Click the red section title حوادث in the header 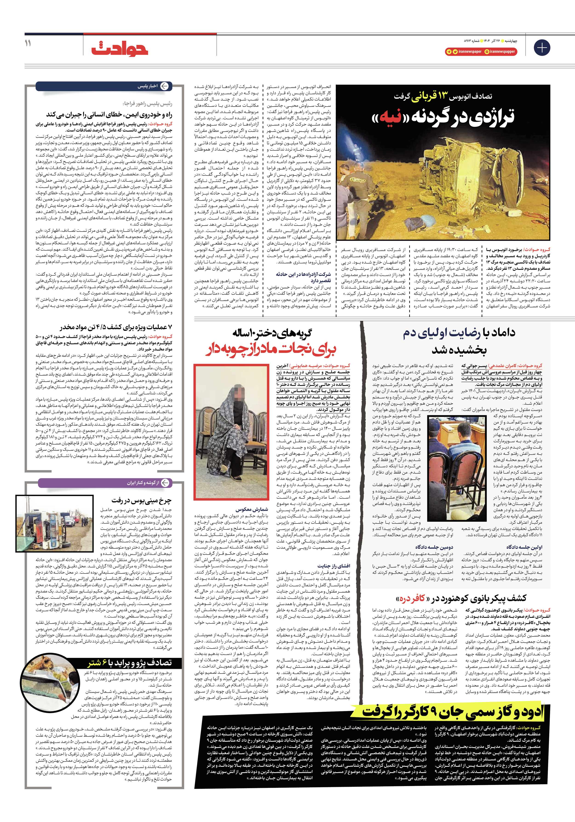point(120,49)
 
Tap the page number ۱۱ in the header point(28,43)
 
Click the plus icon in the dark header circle point(542,48)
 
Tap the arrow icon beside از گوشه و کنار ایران point(165,483)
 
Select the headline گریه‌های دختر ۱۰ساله point(272,333)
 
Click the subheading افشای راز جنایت point(334,566)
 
